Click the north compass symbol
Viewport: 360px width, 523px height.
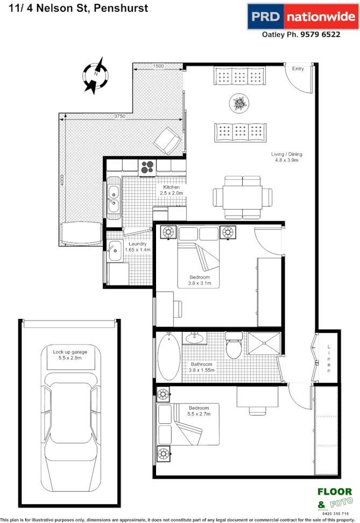96,76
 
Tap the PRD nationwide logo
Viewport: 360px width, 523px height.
301,16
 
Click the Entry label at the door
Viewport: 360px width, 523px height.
298,69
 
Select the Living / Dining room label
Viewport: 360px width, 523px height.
286,157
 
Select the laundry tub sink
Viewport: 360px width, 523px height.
115,249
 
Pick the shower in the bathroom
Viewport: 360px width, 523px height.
264,344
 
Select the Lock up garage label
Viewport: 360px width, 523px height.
70,355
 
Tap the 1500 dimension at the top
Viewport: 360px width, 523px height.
158,66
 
